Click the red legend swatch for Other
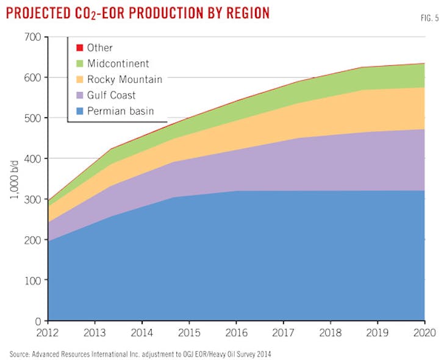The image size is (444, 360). [79, 48]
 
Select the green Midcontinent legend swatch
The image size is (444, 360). [79, 63]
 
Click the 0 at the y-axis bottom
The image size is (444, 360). [37, 320]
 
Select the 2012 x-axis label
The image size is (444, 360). [48, 333]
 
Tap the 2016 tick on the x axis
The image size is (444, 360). [236, 333]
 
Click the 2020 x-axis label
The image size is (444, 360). [424, 333]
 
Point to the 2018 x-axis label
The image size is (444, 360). [330, 333]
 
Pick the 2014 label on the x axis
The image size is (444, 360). [142, 333]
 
